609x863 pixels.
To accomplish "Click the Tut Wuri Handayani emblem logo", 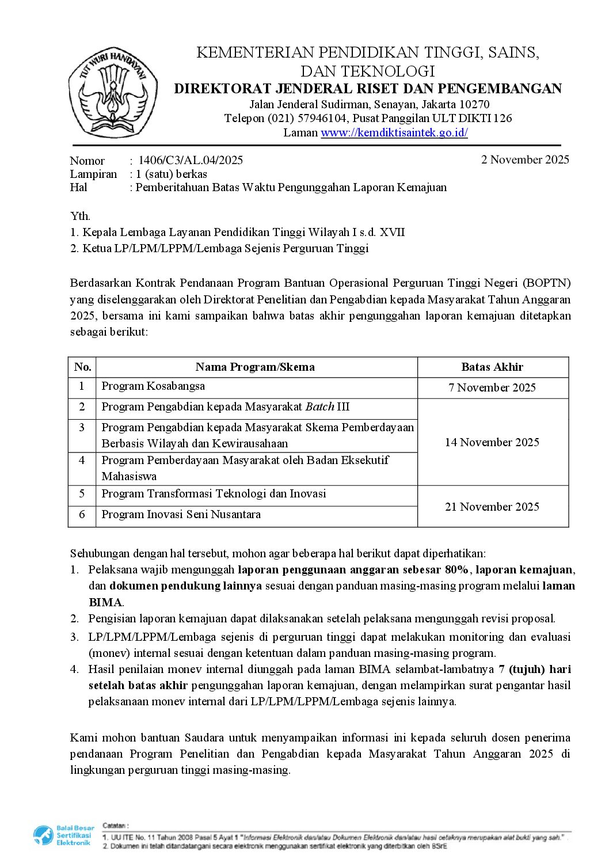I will (x=113, y=92).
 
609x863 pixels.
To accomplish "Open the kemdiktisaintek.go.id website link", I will (x=394, y=133).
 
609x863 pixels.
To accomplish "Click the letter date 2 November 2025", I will (x=525, y=159).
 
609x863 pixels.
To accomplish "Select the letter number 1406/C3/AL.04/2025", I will (x=191, y=160).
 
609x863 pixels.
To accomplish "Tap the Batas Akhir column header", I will (x=492, y=367).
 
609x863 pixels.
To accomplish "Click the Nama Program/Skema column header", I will (x=255, y=367).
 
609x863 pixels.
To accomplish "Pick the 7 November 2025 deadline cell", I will (x=492, y=387).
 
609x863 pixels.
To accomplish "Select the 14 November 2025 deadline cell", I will (x=492, y=442).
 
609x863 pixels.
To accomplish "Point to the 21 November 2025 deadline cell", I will (x=492, y=507).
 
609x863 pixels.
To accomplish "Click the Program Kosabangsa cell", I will (x=153, y=386).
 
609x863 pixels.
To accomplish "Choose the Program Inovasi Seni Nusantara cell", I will (x=181, y=514).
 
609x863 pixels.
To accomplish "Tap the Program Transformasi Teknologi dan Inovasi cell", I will (x=214, y=493).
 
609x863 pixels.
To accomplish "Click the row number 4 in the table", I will (x=82, y=460).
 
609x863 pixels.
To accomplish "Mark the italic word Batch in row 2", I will (x=319, y=406).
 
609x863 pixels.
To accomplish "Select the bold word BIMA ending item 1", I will (x=105, y=602).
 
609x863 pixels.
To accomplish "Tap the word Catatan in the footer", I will (x=116, y=826).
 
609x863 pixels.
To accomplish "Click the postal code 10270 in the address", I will (x=474, y=104).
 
